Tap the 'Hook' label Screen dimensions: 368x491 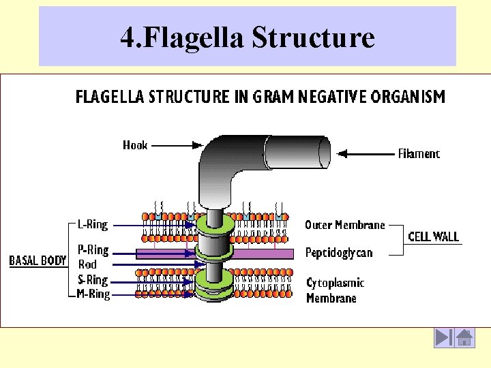point(135,144)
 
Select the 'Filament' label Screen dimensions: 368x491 point(419,154)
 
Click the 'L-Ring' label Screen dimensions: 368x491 point(92,224)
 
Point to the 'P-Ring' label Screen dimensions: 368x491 point(93,250)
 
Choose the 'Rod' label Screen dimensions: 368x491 point(87,264)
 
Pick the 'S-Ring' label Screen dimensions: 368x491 point(93,280)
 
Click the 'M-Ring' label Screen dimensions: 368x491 point(93,294)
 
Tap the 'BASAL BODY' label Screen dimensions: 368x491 point(38,260)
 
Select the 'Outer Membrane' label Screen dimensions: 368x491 point(344,225)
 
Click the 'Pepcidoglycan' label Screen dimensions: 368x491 point(339,253)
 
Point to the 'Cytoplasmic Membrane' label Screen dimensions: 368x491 point(335,290)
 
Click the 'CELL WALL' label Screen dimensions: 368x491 point(433,237)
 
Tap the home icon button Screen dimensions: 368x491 point(465,338)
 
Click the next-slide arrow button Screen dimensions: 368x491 point(443,338)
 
